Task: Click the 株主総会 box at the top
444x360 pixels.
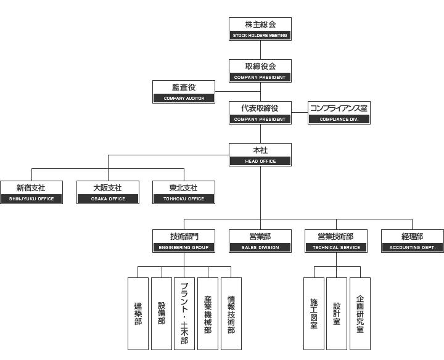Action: pyautogui.click(x=260, y=29)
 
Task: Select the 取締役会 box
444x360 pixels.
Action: pyautogui.click(x=260, y=71)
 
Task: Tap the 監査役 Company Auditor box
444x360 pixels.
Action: pyautogui.click(x=183, y=92)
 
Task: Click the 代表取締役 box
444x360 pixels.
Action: pyautogui.click(x=260, y=113)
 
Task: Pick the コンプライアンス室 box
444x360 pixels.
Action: pyautogui.click(x=339, y=113)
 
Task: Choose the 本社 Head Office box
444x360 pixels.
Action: pyautogui.click(x=260, y=155)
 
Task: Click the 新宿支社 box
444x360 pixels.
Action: pyautogui.click(x=31, y=192)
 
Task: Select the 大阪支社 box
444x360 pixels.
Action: pyautogui.click(x=107, y=192)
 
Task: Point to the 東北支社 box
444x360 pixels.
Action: pyautogui.click(x=183, y=192)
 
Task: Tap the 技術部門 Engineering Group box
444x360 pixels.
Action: pyautogui.click(x=183, y=240)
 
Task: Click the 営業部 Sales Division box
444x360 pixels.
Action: pyautogui.click(x=260, y=240)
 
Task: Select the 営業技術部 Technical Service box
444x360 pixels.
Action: pyautogui.click(x=336, y=240)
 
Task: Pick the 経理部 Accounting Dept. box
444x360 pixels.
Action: pyautogui.click(x=413, y=240)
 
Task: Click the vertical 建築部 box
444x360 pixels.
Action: pyautogui.click(x=138, y=313)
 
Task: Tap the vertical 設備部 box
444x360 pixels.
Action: pyautogui.click(x=161, y=313)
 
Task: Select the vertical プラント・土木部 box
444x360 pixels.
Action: pyautogui.click(x=184, y=313)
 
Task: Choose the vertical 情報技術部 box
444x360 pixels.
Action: pyautogui.click(x=231, y=313)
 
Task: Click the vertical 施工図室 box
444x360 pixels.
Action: pyautogui.click(x=313, y=313)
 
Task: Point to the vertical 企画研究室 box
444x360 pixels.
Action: pyautogui.click(x=360, y=313)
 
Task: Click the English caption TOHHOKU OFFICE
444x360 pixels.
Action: pyautogui.click(x=183, y=199)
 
